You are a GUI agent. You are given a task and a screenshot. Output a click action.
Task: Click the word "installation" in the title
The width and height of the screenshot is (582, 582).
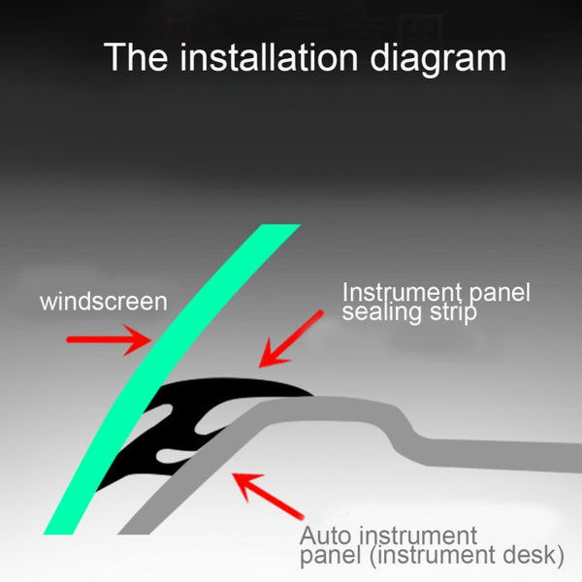[x=269, y=57]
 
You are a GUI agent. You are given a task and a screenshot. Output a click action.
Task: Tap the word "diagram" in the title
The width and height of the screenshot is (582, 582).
[x=438, y=59]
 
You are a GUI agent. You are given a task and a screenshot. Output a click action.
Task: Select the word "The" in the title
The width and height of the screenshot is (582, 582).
[x=136, y=57]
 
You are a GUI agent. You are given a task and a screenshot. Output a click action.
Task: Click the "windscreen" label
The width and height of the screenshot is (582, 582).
[x=104, y=302]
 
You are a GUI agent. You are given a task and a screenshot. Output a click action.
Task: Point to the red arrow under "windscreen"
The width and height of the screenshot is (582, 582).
[x=109, y=339]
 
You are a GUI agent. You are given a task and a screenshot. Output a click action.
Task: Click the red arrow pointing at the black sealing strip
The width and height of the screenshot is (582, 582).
[x=291, y=339]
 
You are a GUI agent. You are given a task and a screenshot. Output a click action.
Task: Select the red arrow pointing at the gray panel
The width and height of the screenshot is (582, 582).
[x=268, y=496]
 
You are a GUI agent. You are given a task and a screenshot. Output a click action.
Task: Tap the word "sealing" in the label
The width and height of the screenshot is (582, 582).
[x=381, y=312]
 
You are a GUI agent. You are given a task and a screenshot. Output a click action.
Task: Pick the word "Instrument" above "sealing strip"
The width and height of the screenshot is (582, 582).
[x=402, y=293]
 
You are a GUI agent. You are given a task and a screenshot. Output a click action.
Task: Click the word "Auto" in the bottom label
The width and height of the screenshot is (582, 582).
[x=325, y=536]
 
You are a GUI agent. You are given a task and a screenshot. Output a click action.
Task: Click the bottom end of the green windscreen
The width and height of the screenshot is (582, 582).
[x=58, y=533]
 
